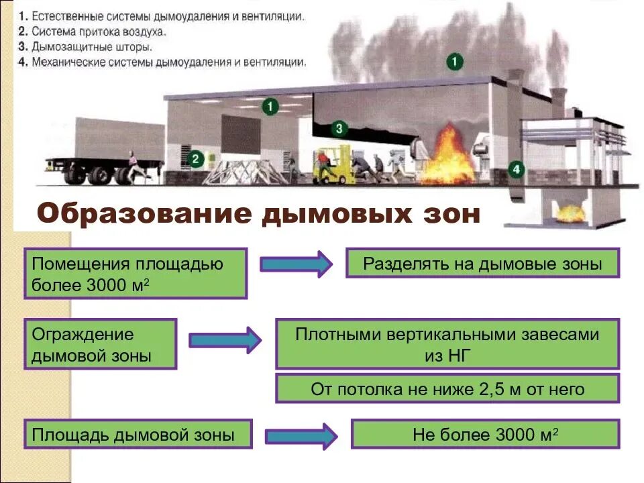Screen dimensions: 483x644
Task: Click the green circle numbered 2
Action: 195,159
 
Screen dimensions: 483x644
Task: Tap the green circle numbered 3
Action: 339,127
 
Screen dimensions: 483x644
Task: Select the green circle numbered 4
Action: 515,170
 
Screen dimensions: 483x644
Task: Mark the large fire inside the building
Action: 446,159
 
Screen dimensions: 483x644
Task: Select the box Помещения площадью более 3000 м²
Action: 136,273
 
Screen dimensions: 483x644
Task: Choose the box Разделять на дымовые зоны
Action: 482,263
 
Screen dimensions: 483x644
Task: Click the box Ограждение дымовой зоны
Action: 100,343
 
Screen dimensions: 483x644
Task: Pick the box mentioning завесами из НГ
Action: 447,343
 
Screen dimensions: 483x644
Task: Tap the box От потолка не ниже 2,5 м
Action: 447,389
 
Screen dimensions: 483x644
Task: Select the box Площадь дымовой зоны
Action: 138,434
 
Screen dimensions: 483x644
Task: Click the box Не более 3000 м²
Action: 485,434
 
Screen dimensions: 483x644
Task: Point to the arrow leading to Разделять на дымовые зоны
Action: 295,264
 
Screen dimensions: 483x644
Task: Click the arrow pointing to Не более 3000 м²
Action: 301,436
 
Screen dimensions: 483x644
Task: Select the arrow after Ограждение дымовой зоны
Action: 225,340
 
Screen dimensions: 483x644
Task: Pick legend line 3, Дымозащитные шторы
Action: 85,48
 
